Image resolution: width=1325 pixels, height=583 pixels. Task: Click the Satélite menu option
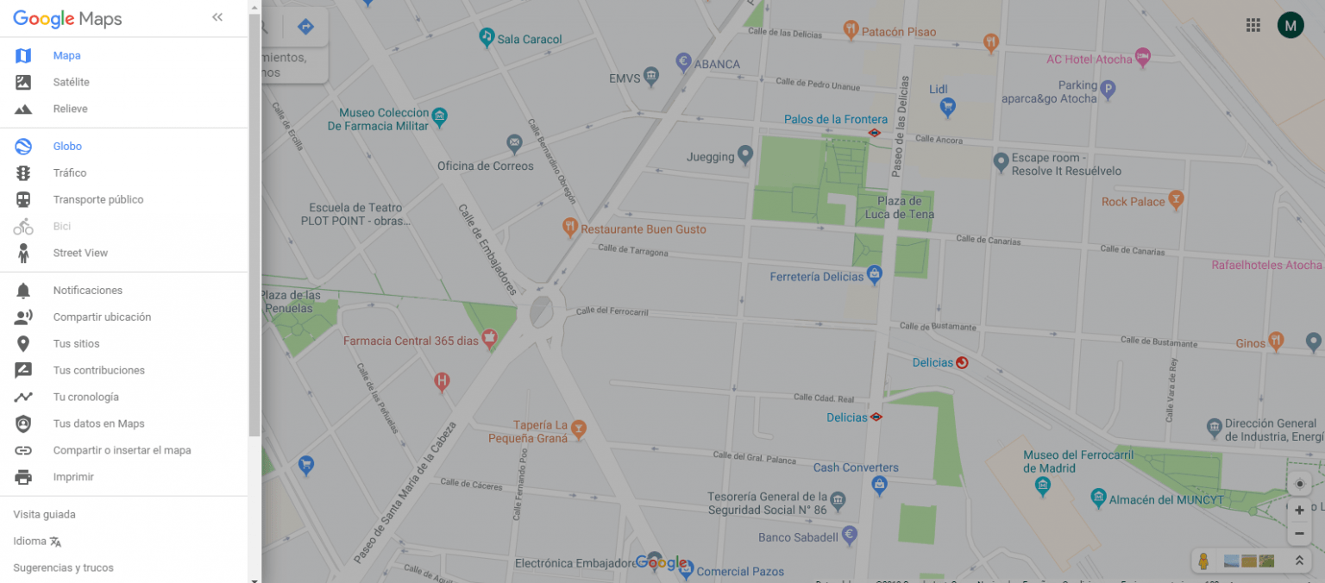coord(71,82)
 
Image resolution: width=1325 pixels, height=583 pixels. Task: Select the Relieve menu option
coord(70,109)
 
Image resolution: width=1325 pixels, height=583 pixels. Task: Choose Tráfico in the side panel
coord(69,172)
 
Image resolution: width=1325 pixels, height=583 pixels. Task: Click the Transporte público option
coord(97,199)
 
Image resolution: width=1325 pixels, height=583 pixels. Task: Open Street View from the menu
coord(79,253)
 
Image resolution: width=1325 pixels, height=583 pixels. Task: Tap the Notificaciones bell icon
coord(23,291)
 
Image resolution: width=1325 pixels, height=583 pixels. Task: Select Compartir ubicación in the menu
coord(101,317)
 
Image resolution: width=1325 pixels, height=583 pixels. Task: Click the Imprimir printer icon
coord(23,477)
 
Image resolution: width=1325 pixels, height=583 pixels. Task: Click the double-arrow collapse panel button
coord(217,17)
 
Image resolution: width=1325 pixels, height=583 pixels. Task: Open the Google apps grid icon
coord(1253,25)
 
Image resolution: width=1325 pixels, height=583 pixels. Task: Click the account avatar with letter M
coord(1290,25)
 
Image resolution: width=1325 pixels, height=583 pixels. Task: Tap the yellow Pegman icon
coord(1203,561)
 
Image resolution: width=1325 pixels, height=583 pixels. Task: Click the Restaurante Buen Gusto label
coord(643,229)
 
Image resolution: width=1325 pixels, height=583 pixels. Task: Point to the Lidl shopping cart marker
coord(947,107)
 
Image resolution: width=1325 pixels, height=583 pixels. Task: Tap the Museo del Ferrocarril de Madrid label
coord(1065,461)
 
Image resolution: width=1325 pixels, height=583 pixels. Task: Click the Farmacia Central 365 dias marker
coord(490,339)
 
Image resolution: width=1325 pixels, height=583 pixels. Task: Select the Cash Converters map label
coord(856,467)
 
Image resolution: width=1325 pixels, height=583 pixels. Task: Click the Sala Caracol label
coord(530,39)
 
